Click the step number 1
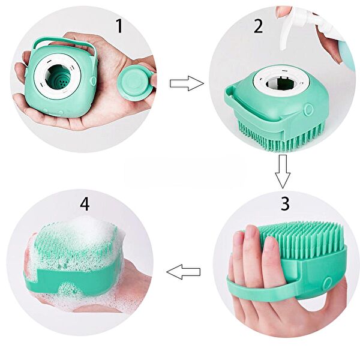(119, 26)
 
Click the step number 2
(259, 26)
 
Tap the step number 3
(285, 203)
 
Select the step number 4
(85, 203)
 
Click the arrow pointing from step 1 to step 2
(187, 83)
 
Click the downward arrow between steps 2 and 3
(283, 171)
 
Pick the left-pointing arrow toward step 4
(183, 272)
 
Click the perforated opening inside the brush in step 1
(58, 77)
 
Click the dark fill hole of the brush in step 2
(280, 83)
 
